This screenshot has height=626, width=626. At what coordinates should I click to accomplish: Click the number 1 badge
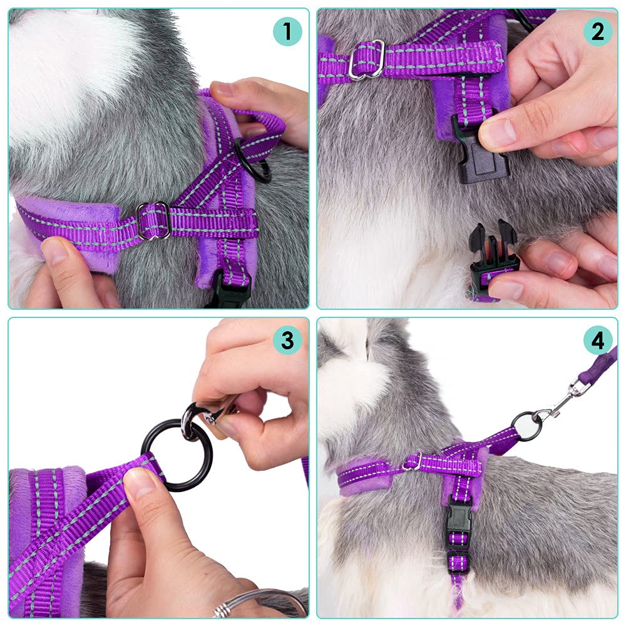287,31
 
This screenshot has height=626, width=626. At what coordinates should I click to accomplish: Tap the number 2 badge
598,31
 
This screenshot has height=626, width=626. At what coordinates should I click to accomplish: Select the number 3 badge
287,341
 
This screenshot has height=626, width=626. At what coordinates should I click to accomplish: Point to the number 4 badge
598,341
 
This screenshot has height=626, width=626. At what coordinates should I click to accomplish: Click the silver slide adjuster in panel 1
154,220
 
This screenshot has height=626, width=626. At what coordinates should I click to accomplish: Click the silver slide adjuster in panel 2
367,60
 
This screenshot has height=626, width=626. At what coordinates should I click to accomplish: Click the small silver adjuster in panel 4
414,462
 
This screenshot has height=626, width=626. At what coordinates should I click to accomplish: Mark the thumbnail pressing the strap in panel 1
55,250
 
